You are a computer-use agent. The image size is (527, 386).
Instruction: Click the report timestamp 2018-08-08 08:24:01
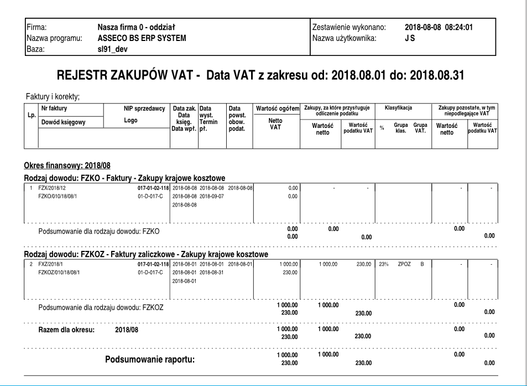(440, 27)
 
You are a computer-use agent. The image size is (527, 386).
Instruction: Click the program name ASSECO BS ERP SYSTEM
(142, 38)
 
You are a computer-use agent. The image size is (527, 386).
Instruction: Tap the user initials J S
(409, 38)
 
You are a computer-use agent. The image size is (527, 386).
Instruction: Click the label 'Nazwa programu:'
(54, 38)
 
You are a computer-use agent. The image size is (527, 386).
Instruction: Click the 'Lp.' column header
(30, 117)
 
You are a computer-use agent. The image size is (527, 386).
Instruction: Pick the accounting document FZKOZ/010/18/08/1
(60, 272)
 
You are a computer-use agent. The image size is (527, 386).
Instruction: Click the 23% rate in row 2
(383, 264)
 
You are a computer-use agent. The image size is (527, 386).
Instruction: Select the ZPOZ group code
(404, 264)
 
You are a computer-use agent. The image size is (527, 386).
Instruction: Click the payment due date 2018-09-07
(211, 196)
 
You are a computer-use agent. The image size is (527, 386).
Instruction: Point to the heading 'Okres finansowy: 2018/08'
(68, 166)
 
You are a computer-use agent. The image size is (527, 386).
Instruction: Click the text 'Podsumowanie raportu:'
(150, 359)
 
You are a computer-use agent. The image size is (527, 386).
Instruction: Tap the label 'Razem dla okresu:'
(67, 330)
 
